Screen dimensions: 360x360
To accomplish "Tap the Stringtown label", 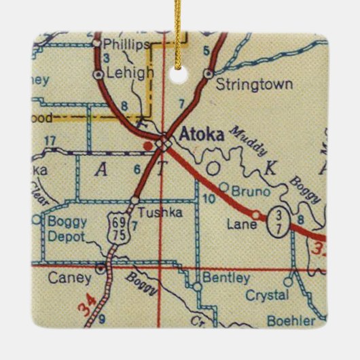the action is pos(245,85).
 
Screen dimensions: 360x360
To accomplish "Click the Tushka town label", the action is pos(153,212).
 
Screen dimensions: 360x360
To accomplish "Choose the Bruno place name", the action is pos(246,192).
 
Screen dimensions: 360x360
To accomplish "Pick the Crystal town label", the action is pos(268,295).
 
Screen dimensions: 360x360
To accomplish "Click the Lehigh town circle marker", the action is pos(100,73).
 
